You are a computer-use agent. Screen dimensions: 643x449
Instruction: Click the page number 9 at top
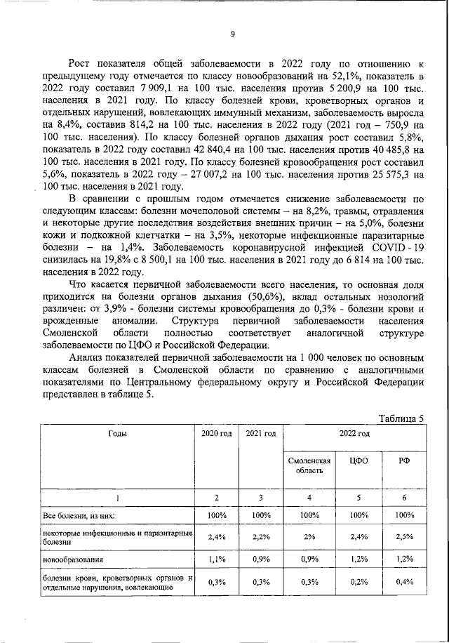coord(232,34)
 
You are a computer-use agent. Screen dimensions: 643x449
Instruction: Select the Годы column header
coord(118,434)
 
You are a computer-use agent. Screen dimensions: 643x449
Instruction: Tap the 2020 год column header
coord(216,434)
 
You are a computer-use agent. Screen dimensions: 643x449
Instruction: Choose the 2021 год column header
coord(260,434)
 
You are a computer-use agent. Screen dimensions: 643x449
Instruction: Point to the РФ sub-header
coord(404,460)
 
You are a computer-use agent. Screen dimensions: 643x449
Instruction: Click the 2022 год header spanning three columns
coord(355,434)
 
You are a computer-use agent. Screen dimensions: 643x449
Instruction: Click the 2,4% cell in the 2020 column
coord(216,538)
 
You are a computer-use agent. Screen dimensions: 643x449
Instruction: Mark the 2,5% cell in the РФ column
coord(404,538)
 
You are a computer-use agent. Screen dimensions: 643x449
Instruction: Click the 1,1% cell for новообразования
coord(216,560)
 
